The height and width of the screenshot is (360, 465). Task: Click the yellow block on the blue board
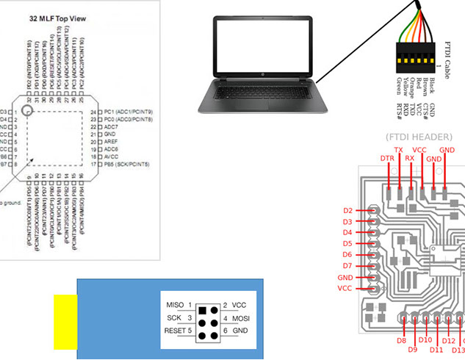[65, 321]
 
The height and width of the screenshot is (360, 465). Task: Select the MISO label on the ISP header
[176, 305]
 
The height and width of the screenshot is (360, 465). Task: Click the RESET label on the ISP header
[176, 331]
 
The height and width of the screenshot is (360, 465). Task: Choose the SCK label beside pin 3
[175, 318]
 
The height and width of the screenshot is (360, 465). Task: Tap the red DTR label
[387, 158]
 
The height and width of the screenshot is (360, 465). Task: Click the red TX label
[399, 149]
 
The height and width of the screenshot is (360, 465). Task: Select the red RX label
[410, 157]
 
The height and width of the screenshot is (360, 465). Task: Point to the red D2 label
[348, 210]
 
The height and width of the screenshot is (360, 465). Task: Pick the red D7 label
[348, 266]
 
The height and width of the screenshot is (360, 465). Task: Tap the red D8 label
[402, 341]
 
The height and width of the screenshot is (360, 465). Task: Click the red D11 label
[436, 350]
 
